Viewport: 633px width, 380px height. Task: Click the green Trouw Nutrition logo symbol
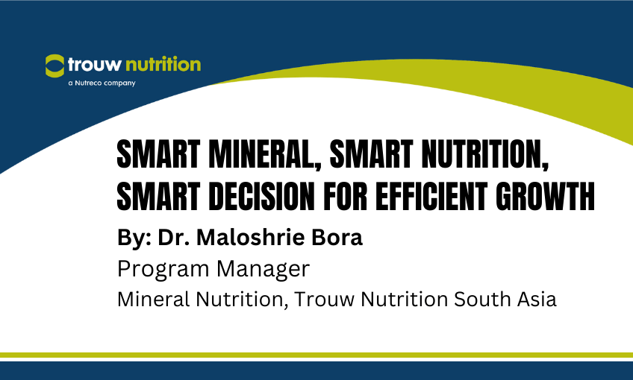pos(54,65)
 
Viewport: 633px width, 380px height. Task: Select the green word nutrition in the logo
pos(162,64)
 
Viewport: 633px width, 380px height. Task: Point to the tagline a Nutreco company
pos(101,83)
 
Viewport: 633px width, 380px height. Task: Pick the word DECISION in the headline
pos(262,195)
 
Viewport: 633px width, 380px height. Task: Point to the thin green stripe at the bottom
pos(316,355)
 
